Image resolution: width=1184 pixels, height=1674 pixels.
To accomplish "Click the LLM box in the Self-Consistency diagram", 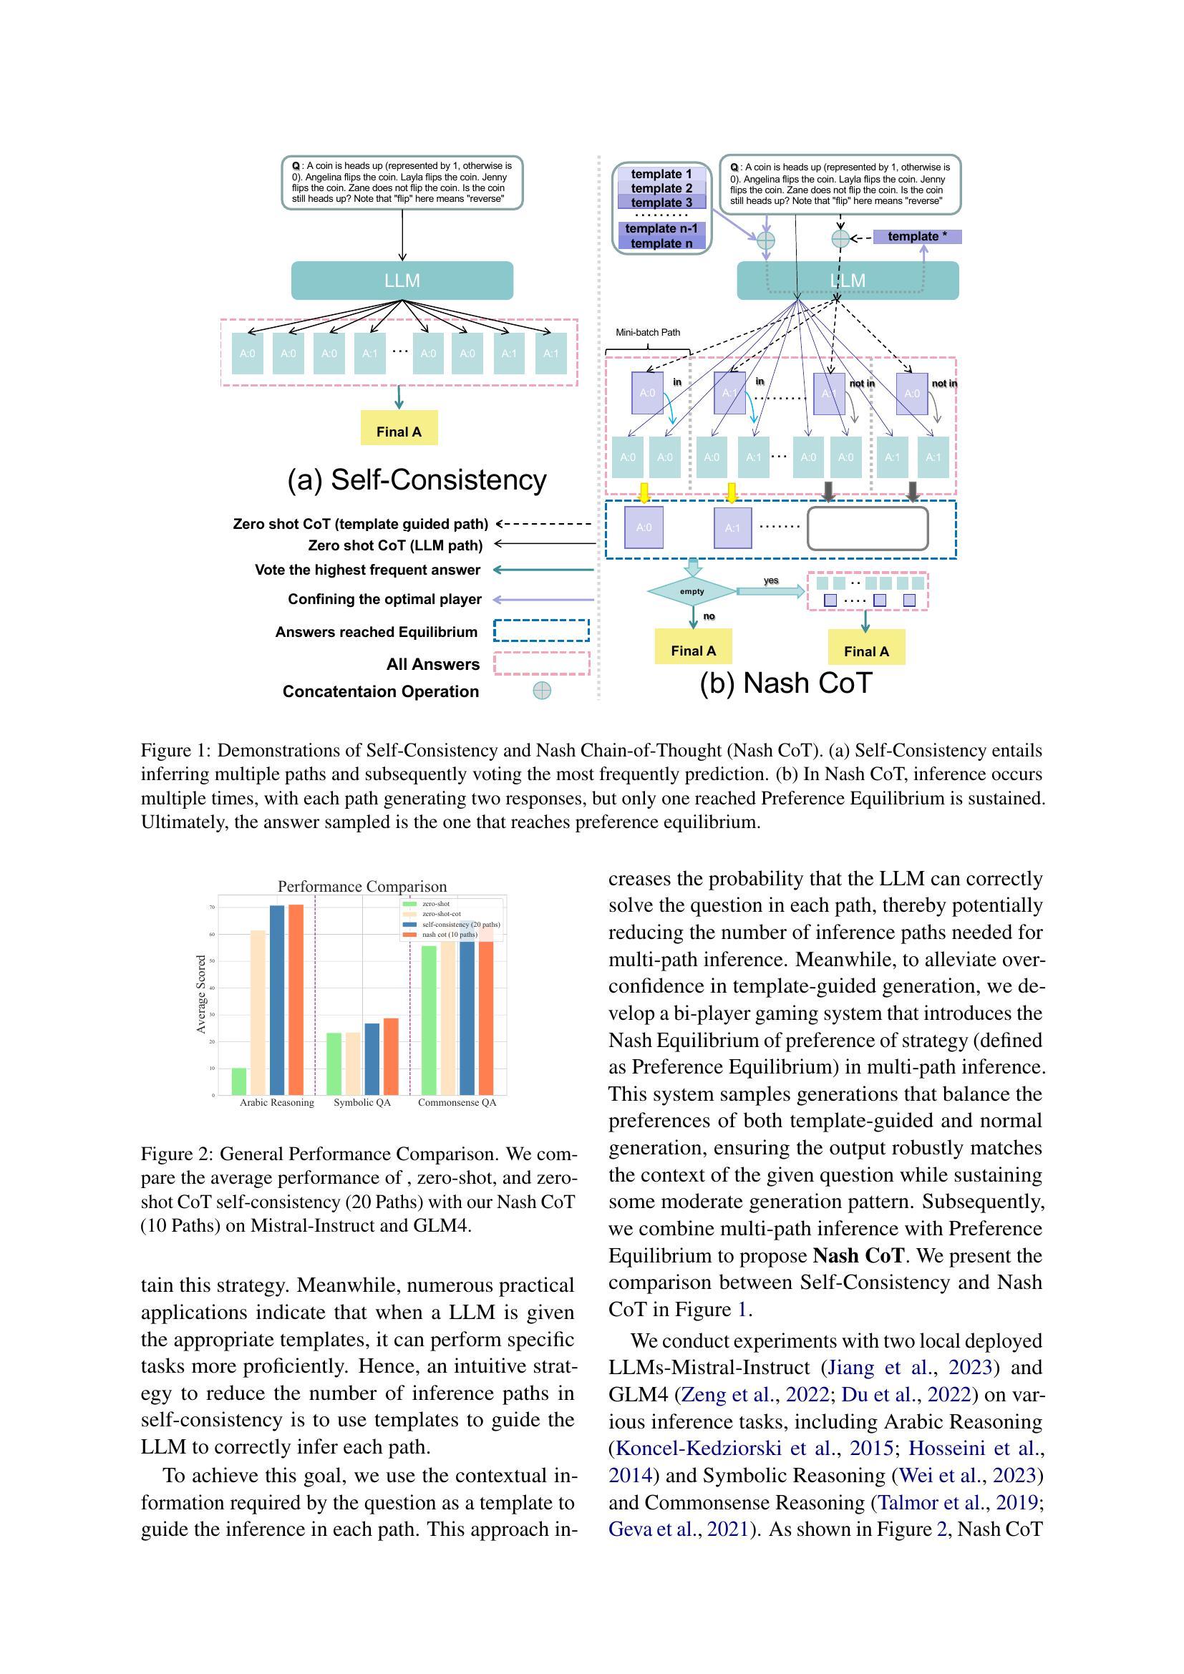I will click(x=402, y=281).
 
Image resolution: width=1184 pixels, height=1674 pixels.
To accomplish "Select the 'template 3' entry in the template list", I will click(x=661, y=202).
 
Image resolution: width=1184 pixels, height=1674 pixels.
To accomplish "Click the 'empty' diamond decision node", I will click(x=692, y=591).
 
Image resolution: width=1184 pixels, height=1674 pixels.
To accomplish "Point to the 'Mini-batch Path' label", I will click(x=647, y=333).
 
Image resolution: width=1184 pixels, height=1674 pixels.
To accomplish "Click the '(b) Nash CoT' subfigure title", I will click(x=785, y=683).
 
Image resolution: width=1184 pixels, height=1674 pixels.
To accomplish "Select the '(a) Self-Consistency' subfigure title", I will click(x=417, y=480).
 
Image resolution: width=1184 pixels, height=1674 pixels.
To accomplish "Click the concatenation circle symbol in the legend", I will click(x=542, y=691).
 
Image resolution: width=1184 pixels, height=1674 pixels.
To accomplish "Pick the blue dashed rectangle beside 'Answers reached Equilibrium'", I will click(x=541, y=631).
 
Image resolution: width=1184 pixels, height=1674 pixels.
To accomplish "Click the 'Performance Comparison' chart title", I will click(x=361, y=887).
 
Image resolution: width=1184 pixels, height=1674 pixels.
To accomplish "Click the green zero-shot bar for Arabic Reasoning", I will click(x=239, y=1081).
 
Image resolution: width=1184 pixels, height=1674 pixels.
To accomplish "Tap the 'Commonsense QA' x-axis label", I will click(x=457, y=1102).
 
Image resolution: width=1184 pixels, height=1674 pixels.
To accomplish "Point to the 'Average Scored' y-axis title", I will click(x=201, y=995).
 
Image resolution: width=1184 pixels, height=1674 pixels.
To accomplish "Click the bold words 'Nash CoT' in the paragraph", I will click(x=858, y=1255).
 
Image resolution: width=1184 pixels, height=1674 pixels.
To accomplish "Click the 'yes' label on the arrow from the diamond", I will click(x=771, y=580).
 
